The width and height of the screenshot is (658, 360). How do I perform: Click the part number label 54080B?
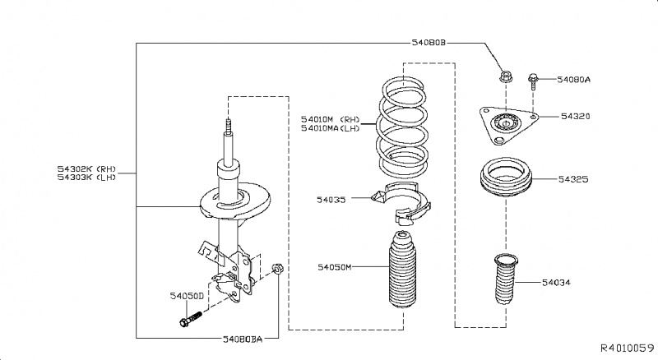(427, 41)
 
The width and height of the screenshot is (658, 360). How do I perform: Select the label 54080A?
(574, 80)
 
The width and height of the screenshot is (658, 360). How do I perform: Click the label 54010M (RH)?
(331, 118)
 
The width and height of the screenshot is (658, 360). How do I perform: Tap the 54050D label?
(187, 294)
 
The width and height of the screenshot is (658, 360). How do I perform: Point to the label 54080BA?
(242, 338)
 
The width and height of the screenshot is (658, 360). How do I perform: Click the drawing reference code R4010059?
(626, 349)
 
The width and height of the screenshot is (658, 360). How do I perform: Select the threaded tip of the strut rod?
(227, 131)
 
